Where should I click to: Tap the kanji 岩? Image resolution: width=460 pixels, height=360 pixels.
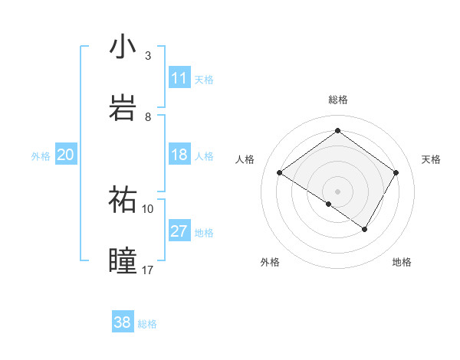[123, 107]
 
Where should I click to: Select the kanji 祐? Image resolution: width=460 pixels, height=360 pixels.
[123, 199]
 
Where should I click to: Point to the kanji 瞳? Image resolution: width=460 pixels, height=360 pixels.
[123, 260]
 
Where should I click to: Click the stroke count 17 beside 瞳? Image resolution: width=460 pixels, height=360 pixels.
[148, 269]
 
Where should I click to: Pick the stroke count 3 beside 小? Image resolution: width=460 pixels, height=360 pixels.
[148, 55]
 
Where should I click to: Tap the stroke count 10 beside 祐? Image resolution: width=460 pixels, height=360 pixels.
[148, 208]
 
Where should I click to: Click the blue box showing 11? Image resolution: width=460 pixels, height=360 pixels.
[179, 78]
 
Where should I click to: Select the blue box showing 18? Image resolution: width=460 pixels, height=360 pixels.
[179, 155]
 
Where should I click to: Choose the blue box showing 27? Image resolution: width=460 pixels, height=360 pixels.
[179, 231]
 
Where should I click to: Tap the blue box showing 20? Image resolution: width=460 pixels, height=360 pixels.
[66, 155]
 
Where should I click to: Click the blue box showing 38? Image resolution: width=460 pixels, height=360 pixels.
[123, 322]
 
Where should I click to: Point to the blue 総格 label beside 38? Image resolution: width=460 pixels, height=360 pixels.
[147, 323]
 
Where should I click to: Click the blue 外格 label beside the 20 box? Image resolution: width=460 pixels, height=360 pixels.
[41, 155]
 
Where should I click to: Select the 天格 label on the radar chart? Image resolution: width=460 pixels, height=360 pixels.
[432, 159]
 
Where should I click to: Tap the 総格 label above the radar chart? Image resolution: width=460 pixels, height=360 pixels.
[337, 100]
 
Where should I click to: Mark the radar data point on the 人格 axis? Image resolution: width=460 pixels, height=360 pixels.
[280, 173]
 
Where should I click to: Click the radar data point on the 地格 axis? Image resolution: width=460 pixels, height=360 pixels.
[365, 229]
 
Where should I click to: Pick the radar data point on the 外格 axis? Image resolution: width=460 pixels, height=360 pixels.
[329, 204]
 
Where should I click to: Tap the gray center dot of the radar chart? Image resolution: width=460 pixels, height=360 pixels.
[337, 191]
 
